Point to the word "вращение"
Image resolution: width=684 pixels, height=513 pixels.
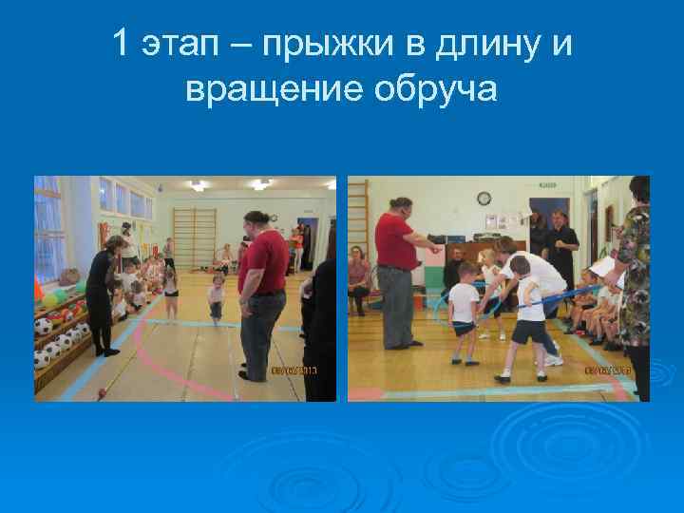[267, 89]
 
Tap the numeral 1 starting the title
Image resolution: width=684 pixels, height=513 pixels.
[120, 44]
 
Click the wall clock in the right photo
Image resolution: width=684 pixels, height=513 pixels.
[484, 199]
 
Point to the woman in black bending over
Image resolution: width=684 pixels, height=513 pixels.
[103, 290]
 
